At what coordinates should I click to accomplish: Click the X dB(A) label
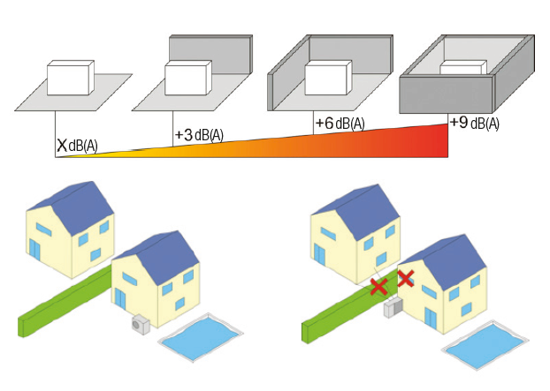(77, 145)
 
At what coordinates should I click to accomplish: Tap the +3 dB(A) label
(199, 135)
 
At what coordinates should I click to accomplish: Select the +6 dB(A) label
(340, 124)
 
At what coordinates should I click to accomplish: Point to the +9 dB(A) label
(474, 124)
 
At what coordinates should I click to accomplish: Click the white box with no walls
(71, 78)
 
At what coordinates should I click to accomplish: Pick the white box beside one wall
(188, 78)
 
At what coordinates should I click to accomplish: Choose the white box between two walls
(328, 78)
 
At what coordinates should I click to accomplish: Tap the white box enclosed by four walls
(463, 67)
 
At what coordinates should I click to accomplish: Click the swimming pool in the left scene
(201, 337)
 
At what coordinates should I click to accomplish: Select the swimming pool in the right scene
(485, 345)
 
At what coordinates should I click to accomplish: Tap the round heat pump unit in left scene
(141, 325)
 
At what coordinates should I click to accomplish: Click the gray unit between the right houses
(393, 308)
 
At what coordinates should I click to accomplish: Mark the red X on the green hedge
(379, 286)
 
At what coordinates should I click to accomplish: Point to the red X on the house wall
(406, 278)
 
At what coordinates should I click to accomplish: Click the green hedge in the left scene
(65, 300)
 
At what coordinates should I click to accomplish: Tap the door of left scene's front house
(120, 298)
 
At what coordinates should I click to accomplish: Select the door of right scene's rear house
(319, 254)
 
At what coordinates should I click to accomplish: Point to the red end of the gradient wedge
(444, 140)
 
